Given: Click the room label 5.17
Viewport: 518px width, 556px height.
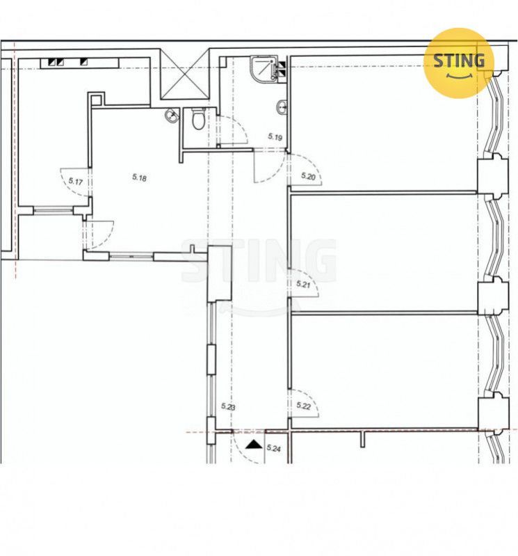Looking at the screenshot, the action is point(76,182).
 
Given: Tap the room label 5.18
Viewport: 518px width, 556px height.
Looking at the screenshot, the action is point(139,177).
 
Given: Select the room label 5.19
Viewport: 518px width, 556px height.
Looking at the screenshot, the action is point(275,136).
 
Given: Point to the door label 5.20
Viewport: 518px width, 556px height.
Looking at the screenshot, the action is point(308,176).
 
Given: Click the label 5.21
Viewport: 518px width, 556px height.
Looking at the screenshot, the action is point(303,284).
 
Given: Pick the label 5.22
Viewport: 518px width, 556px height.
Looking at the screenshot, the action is point(304,406).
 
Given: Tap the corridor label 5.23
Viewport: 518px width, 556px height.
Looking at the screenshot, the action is point(228,406).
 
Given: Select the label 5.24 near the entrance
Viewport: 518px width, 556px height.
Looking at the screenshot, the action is point(273,448).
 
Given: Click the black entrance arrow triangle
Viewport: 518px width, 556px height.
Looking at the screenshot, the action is point(254,444).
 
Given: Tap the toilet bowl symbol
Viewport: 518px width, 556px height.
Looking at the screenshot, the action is point(198,118).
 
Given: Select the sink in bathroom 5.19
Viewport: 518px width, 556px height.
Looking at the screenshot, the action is point(282,106).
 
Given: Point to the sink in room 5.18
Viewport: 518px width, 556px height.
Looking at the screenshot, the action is point(172,116).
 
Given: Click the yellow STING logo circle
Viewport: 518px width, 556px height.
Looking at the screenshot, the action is point(459,63).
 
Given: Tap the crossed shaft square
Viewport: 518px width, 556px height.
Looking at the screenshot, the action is point(184,74).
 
